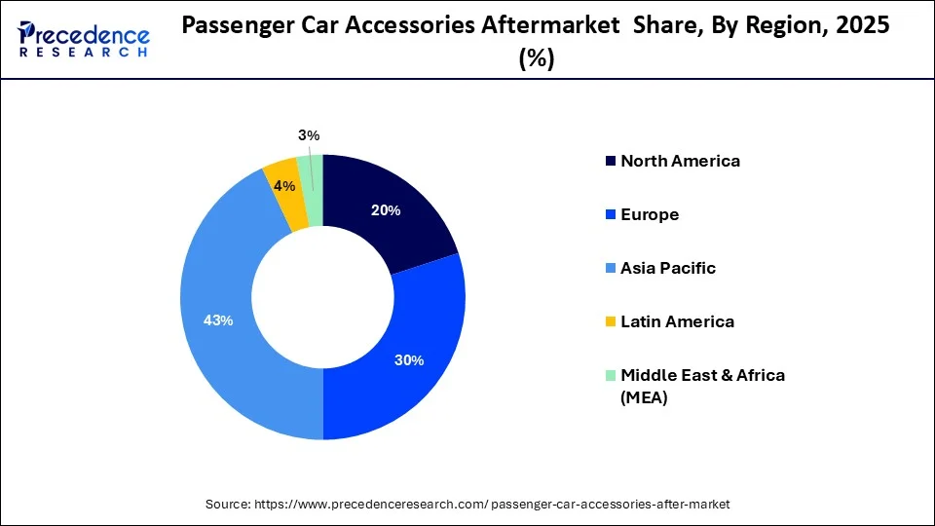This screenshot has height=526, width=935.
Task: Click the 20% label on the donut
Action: click(387, 210)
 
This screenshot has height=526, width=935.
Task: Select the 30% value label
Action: click(409, 360)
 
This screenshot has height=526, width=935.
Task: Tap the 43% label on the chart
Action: click(218, 320)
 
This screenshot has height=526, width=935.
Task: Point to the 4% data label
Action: click(284, 185)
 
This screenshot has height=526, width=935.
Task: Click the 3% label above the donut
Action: click(309, 135)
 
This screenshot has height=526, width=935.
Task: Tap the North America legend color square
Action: click(611, 161)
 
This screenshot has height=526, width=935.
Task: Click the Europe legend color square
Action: click(611, 214)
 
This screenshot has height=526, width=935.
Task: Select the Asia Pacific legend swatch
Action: click(611, 268)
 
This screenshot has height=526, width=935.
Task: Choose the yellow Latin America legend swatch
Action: click(611, 321)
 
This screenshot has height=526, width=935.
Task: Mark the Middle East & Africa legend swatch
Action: click(611, 375)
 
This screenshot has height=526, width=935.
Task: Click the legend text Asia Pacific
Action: click(667, 268)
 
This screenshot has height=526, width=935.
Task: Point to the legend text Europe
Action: click(650, 214)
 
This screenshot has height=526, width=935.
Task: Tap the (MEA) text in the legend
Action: click(644, 396)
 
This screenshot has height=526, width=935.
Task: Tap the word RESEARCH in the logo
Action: click(84, 52)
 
